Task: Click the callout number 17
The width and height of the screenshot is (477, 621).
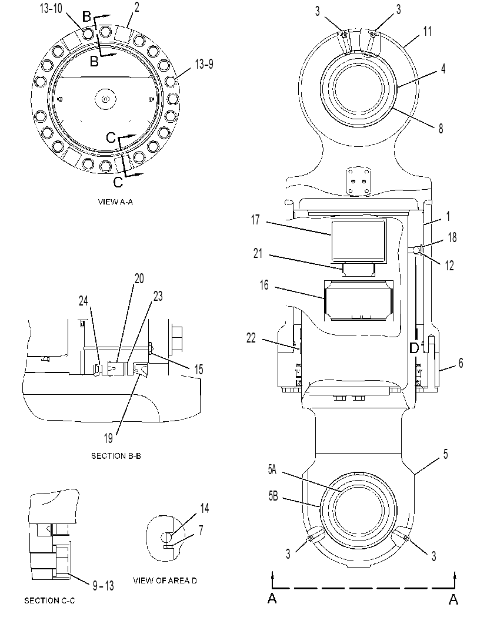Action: [255, 219]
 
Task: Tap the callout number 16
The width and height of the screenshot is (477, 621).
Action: [264, 285]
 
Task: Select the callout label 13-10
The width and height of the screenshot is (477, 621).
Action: [51, 9]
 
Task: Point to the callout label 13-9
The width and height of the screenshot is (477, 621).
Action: [204, 64]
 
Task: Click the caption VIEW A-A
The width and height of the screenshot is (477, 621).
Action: [115, 202]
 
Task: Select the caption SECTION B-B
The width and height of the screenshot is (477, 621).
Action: [116, 456]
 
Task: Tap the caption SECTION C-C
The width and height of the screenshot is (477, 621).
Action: [49, 600]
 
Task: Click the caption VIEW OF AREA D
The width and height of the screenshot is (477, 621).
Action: [165, 580]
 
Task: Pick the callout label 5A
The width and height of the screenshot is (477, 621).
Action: [272, 469]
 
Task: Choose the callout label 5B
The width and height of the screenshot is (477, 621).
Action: [273, 496]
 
